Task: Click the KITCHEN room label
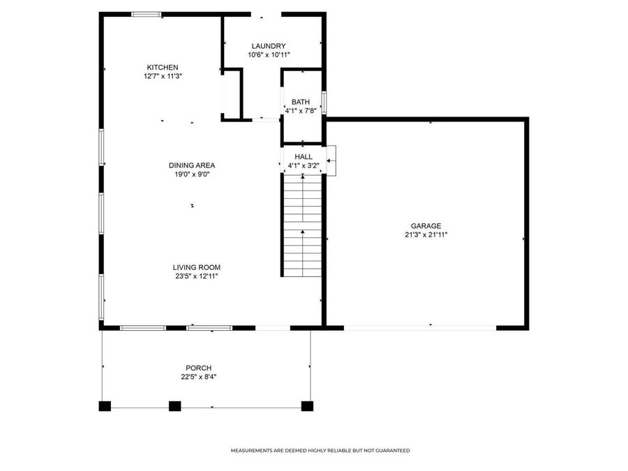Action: tap(157, 67)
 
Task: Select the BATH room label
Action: tap(301, 102)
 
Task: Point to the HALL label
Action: tap(304, 157)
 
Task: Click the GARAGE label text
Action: tap(425, 226)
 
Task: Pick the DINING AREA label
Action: tap(192, 165)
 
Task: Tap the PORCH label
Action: tap(198, 368)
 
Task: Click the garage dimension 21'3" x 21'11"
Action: tap(425, 235)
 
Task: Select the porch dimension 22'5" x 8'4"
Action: tap(198, 377)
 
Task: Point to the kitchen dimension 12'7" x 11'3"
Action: tap(157, 76)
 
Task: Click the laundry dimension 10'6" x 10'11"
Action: tap(269, 54)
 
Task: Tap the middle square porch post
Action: tap(174, 405)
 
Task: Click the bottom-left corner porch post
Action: tap(105, 405)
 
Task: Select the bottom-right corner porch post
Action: tap(307, 405)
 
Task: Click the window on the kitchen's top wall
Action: tap(147, 14)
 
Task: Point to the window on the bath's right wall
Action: tap(324, 103)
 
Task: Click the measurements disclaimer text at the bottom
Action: tap(320, 451)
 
